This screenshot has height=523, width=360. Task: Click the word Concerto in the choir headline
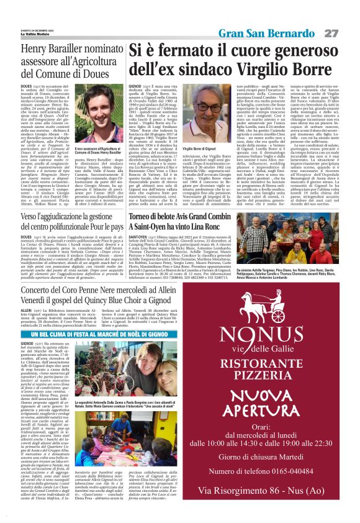[42, 290]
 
